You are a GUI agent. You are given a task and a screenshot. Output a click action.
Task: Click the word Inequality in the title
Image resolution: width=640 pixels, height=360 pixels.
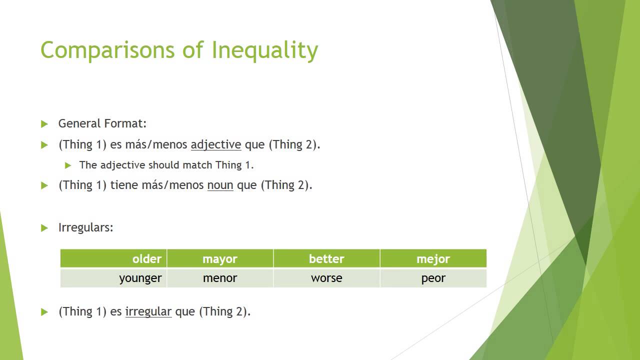point(264,50)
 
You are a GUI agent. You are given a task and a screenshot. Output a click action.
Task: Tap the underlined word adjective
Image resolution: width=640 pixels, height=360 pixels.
point(216,145)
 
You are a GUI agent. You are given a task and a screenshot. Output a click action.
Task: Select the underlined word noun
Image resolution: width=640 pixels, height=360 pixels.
point(220,185)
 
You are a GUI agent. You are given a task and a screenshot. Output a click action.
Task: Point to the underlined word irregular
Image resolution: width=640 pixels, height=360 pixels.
point(148,312)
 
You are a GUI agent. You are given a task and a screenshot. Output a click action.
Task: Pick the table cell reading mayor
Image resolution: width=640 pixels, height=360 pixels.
point(220,259)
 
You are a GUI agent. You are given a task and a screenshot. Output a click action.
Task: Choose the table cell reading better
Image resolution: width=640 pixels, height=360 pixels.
point(326,259)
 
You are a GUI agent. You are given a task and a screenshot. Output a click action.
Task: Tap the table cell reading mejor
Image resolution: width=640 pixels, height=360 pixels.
point(433,259)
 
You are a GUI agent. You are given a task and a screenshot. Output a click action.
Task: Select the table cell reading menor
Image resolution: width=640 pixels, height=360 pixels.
point(220,278)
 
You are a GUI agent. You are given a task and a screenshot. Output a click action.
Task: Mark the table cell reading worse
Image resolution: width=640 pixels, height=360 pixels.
point(326,278)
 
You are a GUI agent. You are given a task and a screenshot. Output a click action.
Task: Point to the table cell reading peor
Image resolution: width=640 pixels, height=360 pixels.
point(433,278)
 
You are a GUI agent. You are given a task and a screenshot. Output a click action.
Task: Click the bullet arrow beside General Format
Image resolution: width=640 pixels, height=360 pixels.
point(44,124)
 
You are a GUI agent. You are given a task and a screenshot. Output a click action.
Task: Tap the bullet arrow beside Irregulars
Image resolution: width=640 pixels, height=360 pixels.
point(44,228)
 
